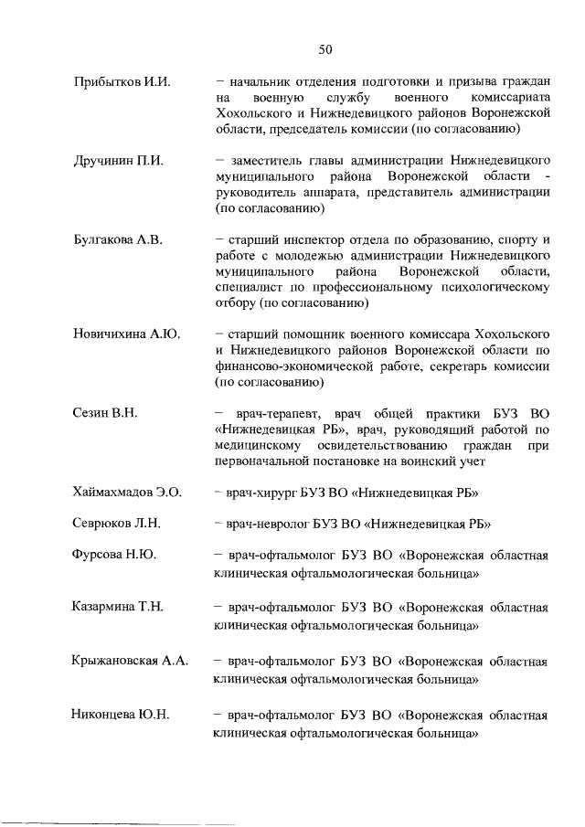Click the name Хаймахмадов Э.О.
click(x=128, y=493)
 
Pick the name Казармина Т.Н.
click(x=121, y=607)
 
